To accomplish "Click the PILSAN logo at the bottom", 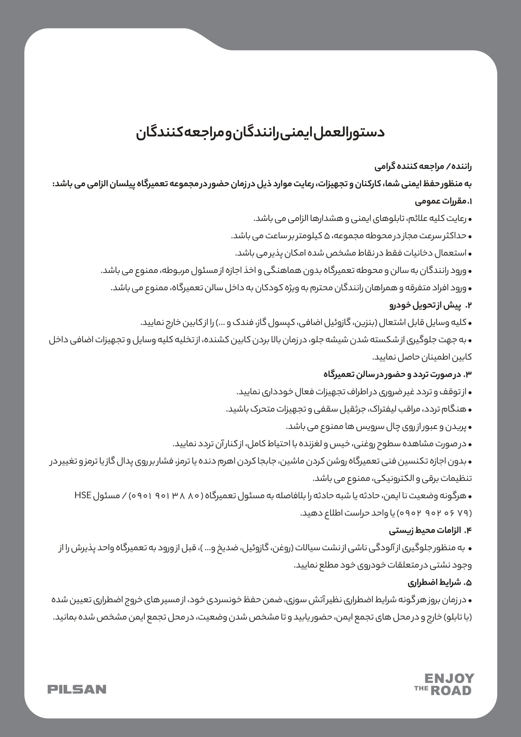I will click(77, 689).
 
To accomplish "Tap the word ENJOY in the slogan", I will click(449, 678).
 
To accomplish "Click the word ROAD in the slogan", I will click(451, 690).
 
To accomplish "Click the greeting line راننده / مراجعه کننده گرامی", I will click(423, 167).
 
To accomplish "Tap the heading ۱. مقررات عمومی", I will click(443, 201).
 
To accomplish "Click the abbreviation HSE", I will click(83, 495).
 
